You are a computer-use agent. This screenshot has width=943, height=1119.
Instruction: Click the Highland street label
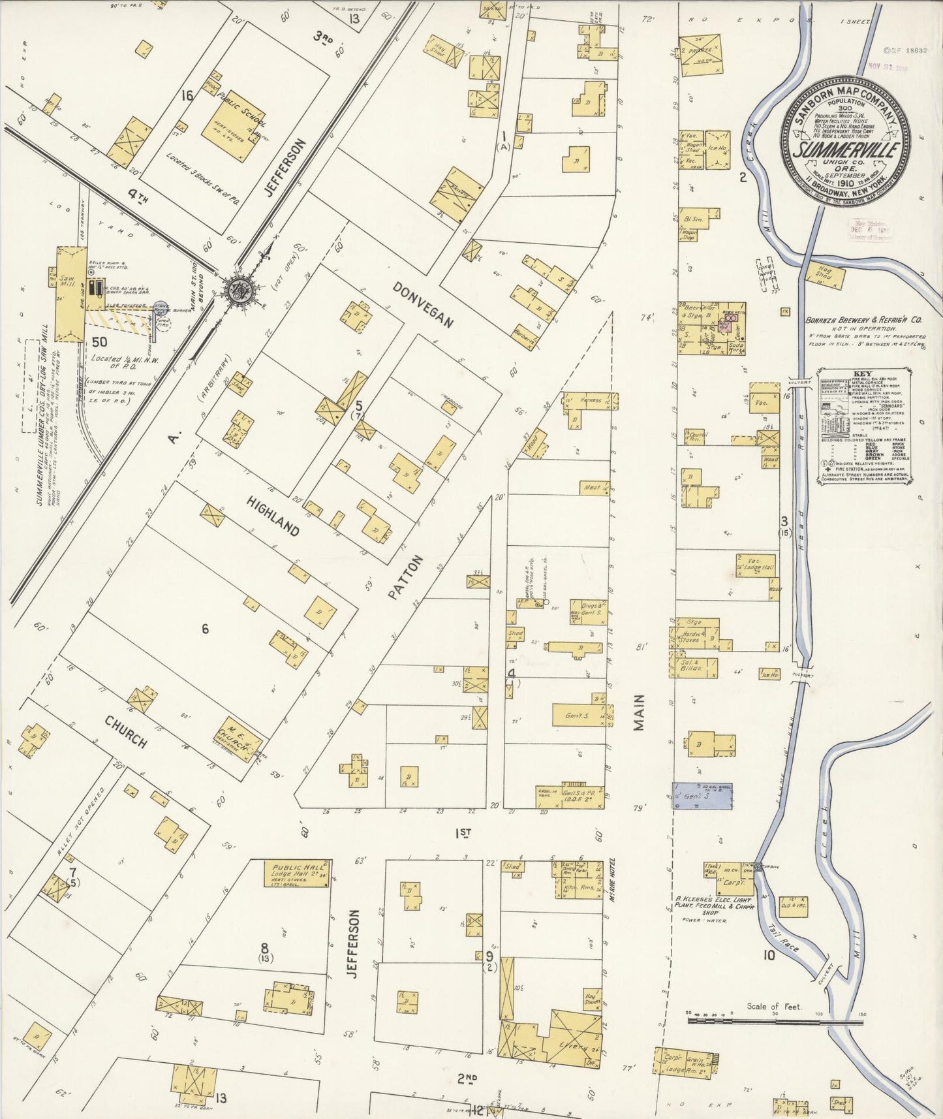(273, 516)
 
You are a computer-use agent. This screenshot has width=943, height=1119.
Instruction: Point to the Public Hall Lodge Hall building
(295, 873)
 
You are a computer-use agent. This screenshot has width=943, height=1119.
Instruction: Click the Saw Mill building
(67, 294)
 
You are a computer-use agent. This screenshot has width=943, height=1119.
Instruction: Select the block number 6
(205, 629)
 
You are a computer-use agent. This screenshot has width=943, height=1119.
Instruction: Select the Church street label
(125, 731)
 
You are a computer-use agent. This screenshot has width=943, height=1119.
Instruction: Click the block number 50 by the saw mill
(99, 341)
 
